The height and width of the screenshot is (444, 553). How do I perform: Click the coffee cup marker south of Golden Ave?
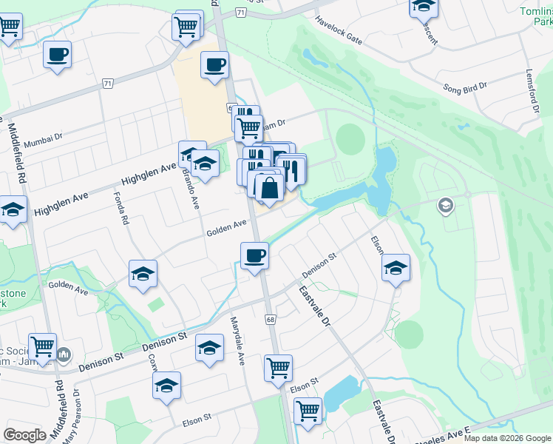pos(254,256)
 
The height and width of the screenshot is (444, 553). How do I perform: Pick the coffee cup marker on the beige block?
pos(214,65)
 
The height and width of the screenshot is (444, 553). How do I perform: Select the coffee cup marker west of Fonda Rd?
pos(57,54)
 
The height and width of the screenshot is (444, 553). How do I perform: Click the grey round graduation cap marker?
pos(445,205)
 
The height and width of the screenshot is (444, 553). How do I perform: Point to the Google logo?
pos(24,435)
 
